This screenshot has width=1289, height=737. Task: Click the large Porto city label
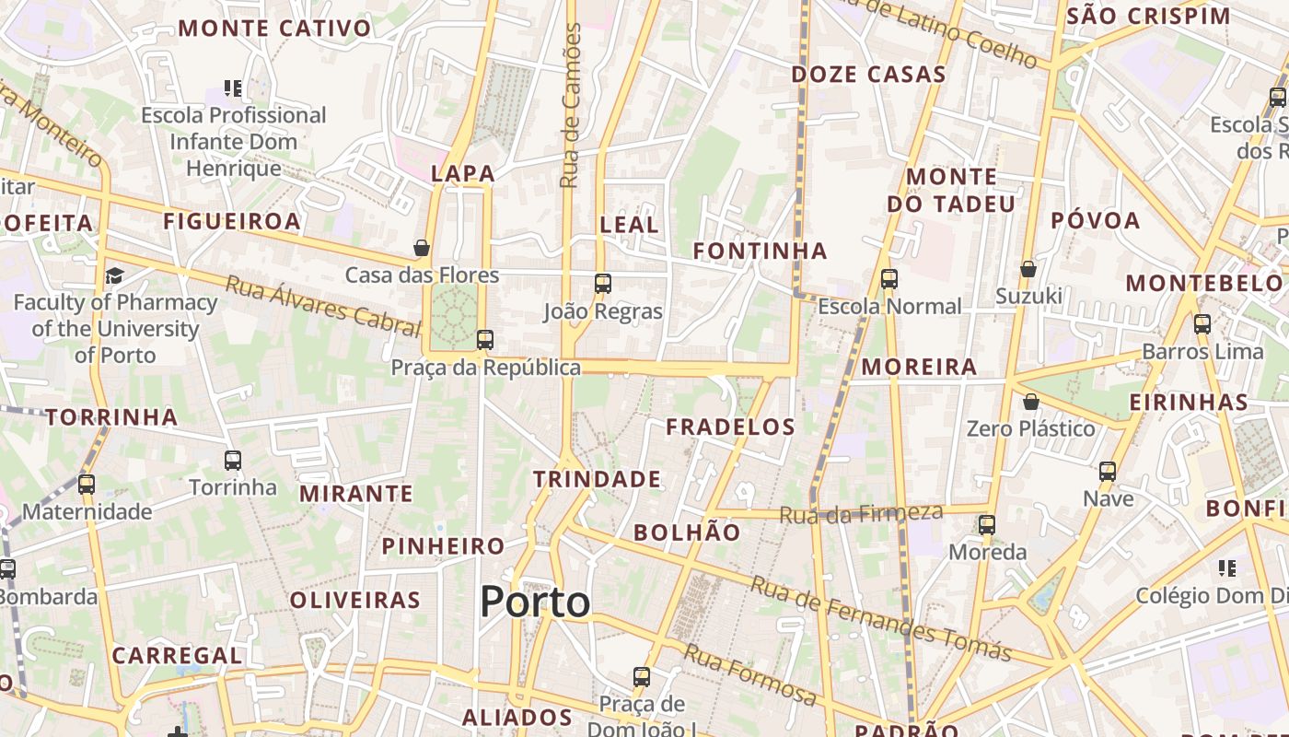[x=535, y=602]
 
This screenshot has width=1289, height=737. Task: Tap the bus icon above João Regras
[x=603, y=284]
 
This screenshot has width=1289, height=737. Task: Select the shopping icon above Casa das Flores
[x=422, y=248]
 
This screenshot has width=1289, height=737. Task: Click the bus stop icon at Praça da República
[x=485, y=340]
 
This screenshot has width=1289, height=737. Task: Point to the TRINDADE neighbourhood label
[x=597, y=479]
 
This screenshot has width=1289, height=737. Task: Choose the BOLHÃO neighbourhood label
[x=687, y=532]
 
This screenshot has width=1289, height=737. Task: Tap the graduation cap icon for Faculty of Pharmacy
[x=115, y=275]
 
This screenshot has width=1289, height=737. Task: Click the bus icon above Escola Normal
[x=889, y=278]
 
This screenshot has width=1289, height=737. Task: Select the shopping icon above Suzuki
[x=1028, y=269]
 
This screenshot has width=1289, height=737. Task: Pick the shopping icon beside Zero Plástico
[x=1031, y=402]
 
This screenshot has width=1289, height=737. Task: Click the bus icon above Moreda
[x=987, y=525]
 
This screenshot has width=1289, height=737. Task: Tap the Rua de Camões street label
[x=571, y=106]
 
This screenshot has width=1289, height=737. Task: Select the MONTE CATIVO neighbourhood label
[x=274, y=28]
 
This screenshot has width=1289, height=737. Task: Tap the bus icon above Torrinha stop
[x=233, y=460]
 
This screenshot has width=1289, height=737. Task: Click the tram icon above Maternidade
[x=87, y=484]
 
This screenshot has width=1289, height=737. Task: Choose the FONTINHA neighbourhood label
[x=760, y=251]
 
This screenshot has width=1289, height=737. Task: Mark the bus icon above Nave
[x=1108, y=472]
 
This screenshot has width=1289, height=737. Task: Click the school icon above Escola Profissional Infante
[x=234, y=88]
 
